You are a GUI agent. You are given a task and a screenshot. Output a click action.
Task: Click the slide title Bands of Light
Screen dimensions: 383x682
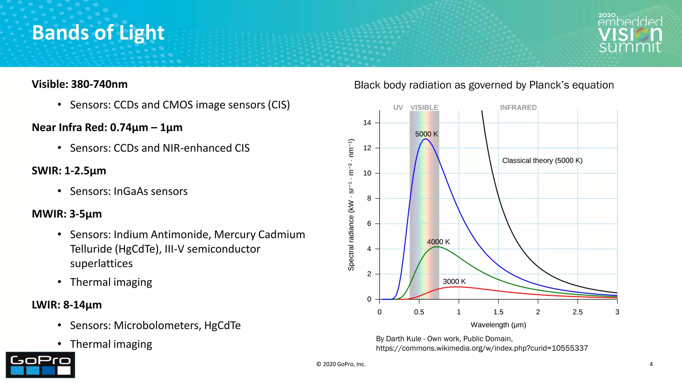98,33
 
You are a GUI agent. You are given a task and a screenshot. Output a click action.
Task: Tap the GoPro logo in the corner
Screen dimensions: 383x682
40,365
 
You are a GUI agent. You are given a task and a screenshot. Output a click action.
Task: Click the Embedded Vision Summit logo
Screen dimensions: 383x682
630,34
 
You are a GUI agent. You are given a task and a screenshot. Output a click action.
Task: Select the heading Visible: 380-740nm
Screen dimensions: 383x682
80,84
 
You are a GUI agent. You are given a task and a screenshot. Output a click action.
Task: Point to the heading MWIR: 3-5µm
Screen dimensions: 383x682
67,214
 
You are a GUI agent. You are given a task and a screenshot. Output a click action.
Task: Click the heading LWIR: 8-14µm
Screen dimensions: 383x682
67,305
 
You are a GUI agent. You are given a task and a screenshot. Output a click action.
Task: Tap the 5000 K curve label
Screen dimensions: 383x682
426,134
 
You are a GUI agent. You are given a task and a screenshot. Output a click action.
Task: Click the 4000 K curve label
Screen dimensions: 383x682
438,242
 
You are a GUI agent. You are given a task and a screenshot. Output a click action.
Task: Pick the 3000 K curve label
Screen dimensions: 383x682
454,281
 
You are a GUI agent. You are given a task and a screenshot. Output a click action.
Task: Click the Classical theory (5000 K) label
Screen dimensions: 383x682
542,161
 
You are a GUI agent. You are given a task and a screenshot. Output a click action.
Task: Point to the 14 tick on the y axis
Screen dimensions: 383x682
367,123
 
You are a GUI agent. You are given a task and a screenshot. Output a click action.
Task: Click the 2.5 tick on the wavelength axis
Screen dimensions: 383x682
577,312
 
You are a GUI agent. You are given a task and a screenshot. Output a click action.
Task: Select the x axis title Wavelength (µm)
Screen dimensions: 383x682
498,325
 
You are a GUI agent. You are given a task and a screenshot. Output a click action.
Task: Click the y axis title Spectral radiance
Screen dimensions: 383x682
351,205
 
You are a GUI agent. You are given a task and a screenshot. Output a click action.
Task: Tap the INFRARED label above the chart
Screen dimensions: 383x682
518,107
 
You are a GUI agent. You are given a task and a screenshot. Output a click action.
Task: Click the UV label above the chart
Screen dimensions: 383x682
398,107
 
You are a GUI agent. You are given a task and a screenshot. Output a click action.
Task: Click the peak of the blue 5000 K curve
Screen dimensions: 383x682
425,139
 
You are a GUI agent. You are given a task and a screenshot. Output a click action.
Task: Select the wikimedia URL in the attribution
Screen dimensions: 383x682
482,348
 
